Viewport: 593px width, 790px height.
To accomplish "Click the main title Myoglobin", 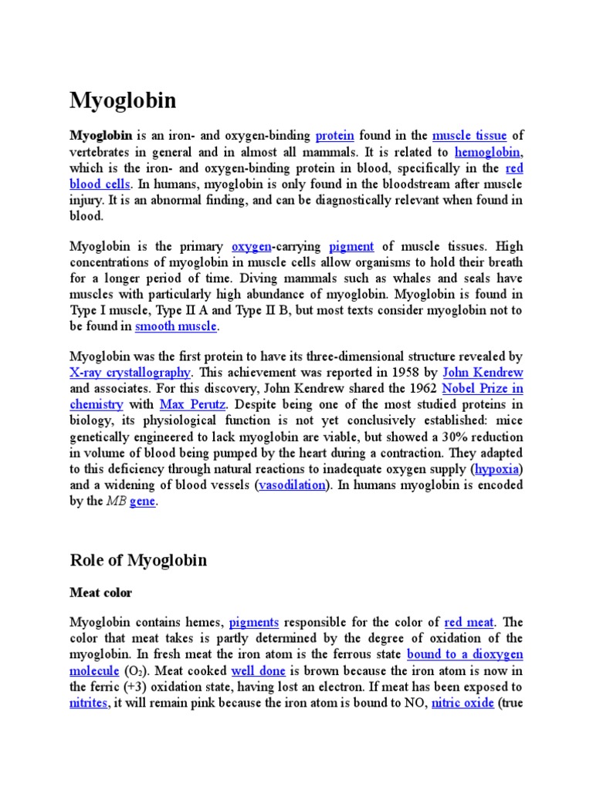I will pyautogui.click(x=123, y=100).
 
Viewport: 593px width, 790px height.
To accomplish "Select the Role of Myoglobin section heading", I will pyautogui.click(x=138, y=560).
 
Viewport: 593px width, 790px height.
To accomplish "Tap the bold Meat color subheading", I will pyautogui.click(x=101, y=592).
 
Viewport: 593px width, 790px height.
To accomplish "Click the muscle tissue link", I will pyautogui.click(x=469, y=136).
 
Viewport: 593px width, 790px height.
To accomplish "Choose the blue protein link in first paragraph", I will pyautogui.click(x=334, y=136).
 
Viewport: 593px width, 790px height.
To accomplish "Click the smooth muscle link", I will pyautogui.click(x=177, y=326).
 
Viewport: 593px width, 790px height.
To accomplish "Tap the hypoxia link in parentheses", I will pyautogui.click(x=497, y=469).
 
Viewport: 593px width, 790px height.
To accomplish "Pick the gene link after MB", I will pyautogui.click(x=142, y=501).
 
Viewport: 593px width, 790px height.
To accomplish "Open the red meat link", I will pyautogui.click(x=469, y=622).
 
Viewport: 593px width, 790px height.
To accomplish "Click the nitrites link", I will pyautogui.click(x=89, y=704).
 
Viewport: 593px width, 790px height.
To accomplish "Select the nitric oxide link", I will pyautogui.click(x=463, y=704).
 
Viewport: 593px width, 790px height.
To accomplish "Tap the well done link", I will pyautogui.click(x=257, y=671).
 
